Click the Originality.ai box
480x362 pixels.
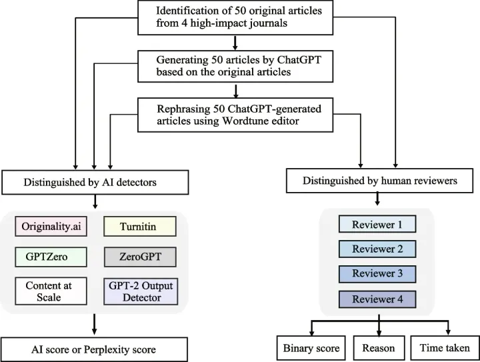51,227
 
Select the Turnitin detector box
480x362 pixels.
140,227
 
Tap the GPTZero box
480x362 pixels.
51,257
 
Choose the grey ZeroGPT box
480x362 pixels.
140,257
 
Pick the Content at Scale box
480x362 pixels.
51,291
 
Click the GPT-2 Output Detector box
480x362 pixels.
141,291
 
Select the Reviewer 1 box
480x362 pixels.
377,224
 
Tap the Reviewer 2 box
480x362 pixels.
377,249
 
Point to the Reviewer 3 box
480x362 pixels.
377,273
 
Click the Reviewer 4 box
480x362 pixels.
377,299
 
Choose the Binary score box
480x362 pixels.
311,348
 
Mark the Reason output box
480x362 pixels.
379,348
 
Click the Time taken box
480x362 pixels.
445,348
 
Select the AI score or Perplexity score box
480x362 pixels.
94,349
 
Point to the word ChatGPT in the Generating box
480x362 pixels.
299,60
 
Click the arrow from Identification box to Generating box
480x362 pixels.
235,43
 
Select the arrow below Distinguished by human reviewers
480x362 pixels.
377,199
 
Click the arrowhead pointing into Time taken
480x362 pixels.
448,332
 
